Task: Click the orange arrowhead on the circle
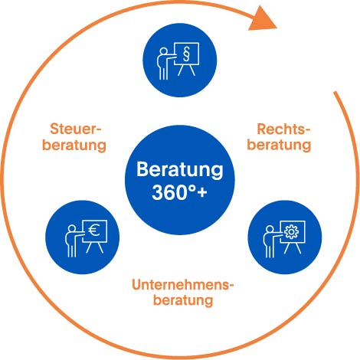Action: click(x=262, y=20)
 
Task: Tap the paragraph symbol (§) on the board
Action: click(x=187, y=54)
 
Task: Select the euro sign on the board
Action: click(x=94, y=231)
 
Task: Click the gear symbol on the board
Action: click(x=291, y=232)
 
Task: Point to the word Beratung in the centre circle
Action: click(x=180, y=170)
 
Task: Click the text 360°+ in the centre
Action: click(x=179, y=192)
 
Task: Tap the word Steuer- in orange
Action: click(x=76, y=129)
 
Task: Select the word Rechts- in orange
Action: click(x=283, y=129)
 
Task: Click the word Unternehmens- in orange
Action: click(x=183, y=285)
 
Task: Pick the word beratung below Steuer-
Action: click(x=74, y=145)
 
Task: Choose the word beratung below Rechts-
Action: click(x=279, y=145)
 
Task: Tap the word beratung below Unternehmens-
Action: click(x=183, y=299)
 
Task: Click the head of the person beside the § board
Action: click(x=163, y=51)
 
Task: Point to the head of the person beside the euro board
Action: click(x=72, y=228)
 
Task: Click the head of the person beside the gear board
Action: click(x=270, y=229)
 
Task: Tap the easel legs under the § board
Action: click(x=186, y=70)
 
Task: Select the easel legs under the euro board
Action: click(x=94, y=247)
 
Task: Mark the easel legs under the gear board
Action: click(x=293, y=248)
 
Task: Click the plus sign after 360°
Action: click(x=202, y=192)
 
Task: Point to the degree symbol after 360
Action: click(x=192, y=188)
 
